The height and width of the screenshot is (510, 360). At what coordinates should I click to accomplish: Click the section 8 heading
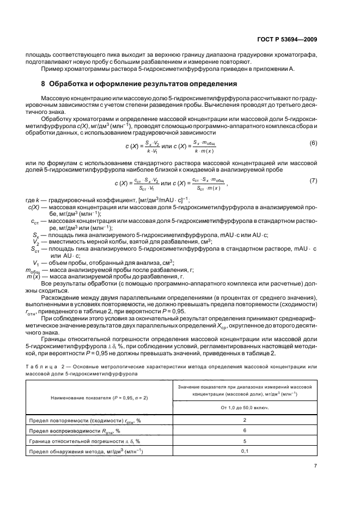click(x=139, y=84)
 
